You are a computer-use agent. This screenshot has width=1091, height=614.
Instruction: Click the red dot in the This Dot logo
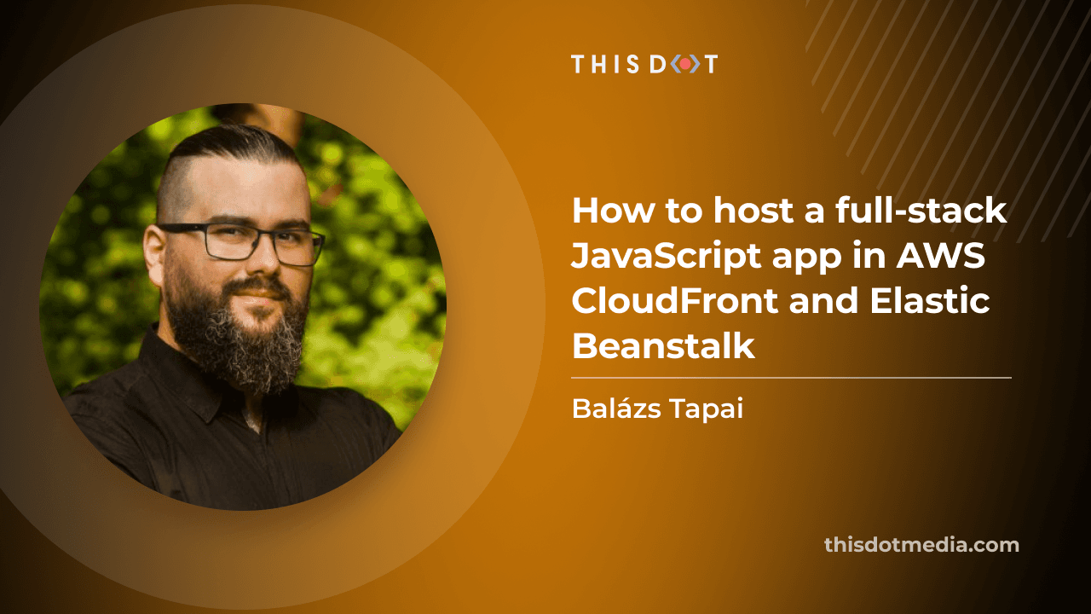(x=684, y=64)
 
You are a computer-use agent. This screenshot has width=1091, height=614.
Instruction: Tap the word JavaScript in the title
(x=666, y=256)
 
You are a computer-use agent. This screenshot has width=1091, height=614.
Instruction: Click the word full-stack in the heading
(x=921, y=210)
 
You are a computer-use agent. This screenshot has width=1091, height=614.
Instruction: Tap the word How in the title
(x=615, y=211)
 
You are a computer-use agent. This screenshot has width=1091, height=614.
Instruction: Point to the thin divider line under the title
(x=792, y=378)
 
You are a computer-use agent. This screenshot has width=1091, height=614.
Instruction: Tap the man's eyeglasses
(x=241, y=244)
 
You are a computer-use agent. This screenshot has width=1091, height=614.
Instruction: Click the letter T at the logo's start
(x=578, y=64)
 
